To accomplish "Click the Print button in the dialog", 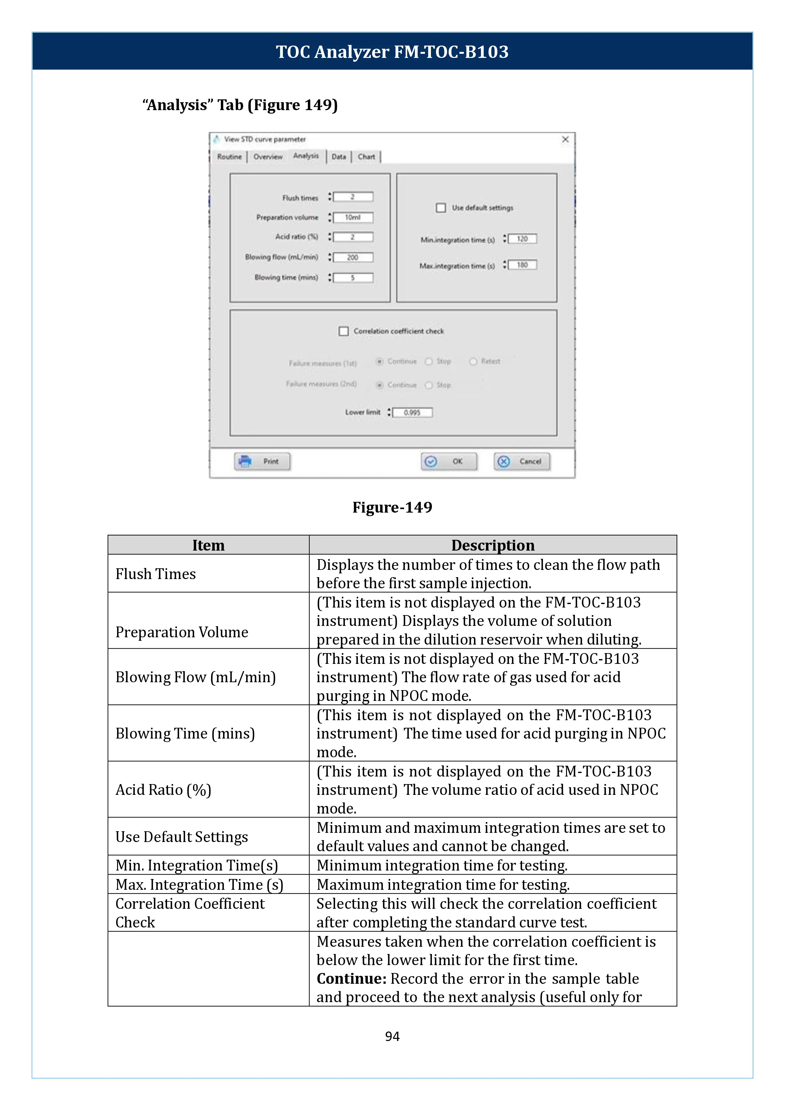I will click(263, 461).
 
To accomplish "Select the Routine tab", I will click(229, 157).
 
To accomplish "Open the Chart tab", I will click(366, 157).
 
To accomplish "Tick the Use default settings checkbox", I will click(441, 208).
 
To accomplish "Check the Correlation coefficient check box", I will click(344, 331).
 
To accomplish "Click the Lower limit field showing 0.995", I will click(412, 412).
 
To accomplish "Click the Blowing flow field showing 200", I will click(353, 257).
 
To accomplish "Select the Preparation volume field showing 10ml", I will click(353, 218).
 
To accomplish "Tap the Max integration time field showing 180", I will click(522, 265).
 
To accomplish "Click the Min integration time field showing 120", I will click(522, 239).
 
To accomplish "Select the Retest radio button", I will click(473, 362).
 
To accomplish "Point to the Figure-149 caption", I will click(392, 507).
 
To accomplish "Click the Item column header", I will click(208, 545).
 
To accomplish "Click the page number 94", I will click(392, 1036).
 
